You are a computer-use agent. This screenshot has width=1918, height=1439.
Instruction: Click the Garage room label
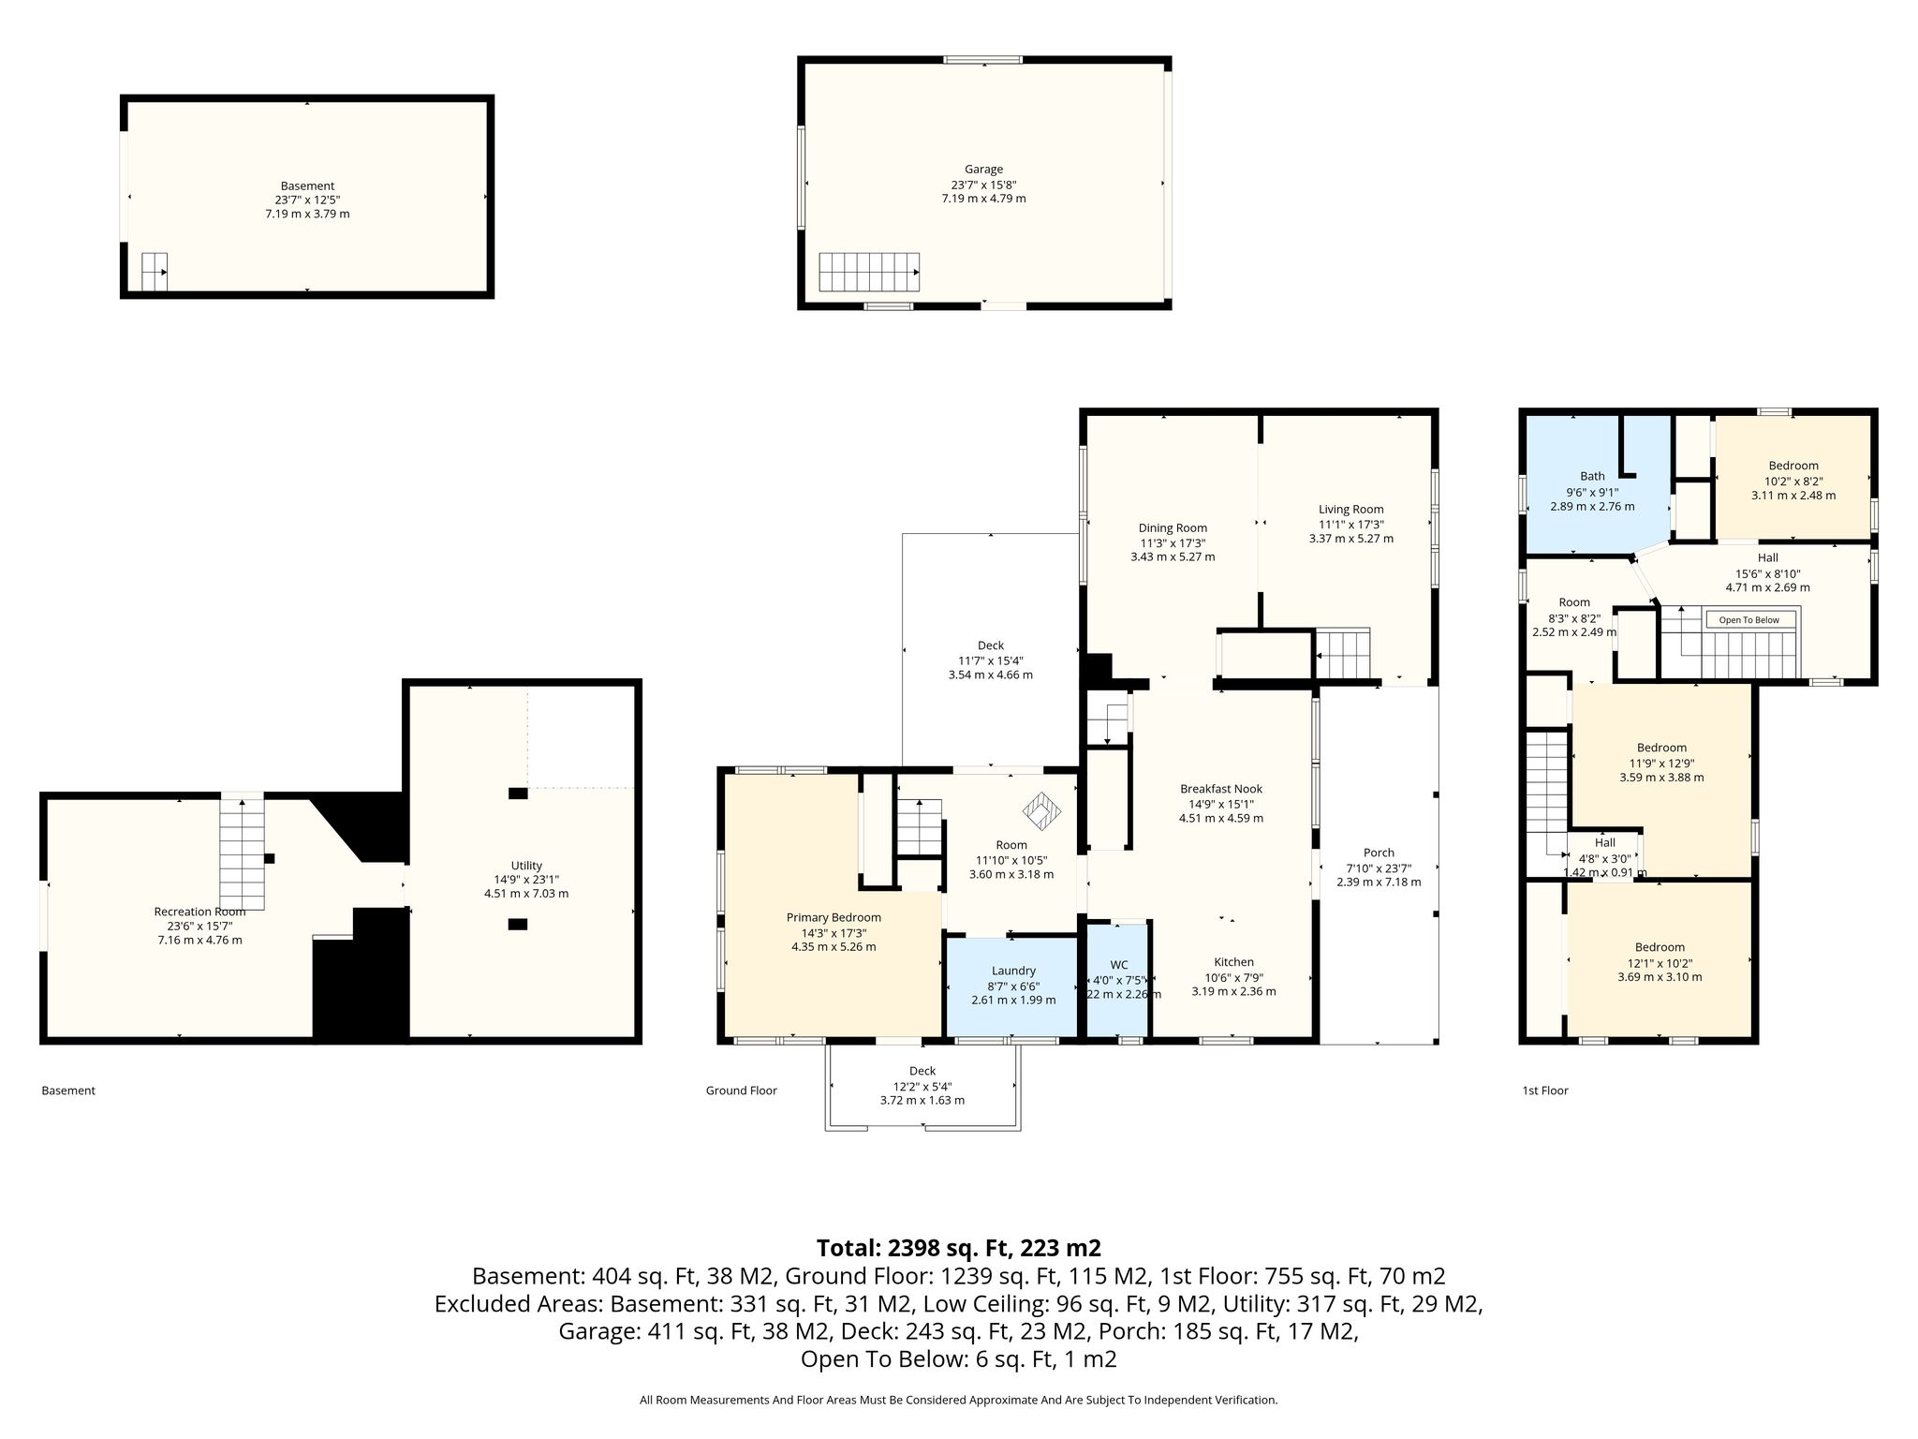(x=983, y=170)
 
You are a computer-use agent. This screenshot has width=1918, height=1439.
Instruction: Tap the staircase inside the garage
(x=869, y=272)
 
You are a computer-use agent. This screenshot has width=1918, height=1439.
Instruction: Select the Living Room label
(x=1350, y=510)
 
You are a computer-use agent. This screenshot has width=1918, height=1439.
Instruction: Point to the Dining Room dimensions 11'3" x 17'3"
(x=1173, y=542)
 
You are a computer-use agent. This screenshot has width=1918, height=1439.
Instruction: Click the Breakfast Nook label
(x=1220, y=789)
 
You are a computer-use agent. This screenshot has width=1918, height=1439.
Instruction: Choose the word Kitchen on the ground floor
(x=1233, y=962)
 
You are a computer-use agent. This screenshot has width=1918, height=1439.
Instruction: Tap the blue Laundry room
(x=1013, y=986)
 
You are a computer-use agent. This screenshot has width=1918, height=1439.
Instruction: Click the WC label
(x=1119, y=965)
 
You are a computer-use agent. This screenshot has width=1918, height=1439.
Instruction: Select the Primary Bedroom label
(x=834, y=917)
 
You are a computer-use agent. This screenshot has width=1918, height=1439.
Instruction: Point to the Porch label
(x=1379, y=853)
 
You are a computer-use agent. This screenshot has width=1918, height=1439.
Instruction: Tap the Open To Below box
(x=1749, y=620)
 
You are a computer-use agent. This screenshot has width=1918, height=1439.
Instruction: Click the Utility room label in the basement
(x=526, y=866)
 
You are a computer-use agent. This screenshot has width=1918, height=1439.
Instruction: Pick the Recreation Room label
(x=199, y=912)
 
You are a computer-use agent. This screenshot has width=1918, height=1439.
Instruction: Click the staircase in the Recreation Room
(x=243, y=853)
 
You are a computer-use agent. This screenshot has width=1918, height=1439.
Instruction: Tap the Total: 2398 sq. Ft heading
(x=959, y=1248)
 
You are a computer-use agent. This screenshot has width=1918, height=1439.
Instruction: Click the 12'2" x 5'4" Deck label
(x=922, y=1086)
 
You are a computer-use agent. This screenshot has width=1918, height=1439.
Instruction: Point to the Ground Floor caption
(x=741, y=1090)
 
